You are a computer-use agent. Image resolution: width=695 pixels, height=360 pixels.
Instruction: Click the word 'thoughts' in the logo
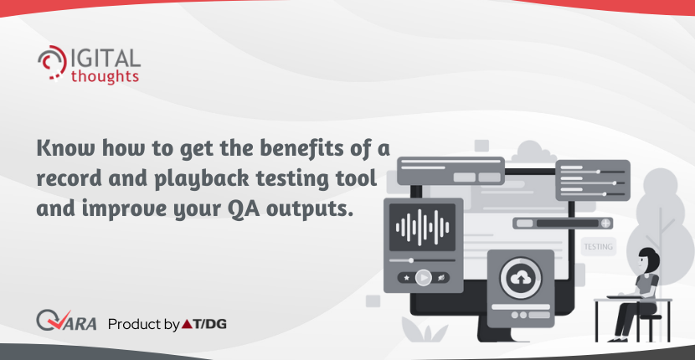click(105, 76)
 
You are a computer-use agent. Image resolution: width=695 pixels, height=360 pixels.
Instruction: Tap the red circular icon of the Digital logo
click(52, 63)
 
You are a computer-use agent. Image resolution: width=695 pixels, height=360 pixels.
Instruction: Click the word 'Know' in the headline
click(65, 149)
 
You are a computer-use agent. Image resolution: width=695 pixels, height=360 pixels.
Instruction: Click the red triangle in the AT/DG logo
click(187, 325)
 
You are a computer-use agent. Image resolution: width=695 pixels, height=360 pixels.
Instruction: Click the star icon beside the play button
click(406, 278)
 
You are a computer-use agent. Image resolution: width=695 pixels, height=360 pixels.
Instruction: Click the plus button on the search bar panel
click(605, 223)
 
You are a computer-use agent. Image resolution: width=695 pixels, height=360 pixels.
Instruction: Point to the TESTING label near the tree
click(599, 246)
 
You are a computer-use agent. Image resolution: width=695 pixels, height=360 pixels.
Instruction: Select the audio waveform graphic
click(422, 228)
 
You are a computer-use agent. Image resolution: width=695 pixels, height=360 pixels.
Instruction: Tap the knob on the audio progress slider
click(411, 260)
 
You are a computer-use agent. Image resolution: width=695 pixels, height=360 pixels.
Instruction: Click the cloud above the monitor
click(533, 152)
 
